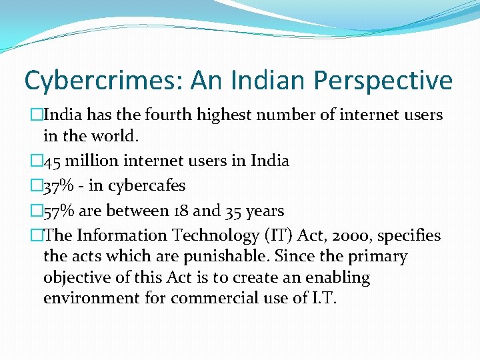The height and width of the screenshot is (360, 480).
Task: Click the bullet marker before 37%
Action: pos(35,186)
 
